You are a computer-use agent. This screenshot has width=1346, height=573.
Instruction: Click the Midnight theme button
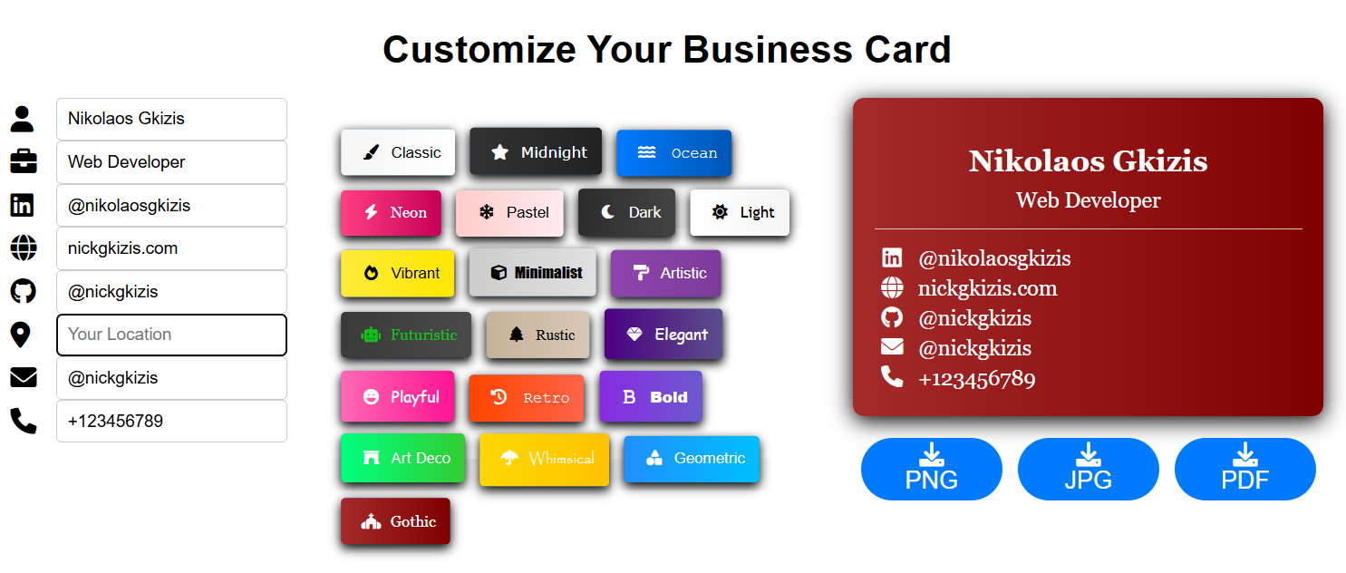coord(536,152)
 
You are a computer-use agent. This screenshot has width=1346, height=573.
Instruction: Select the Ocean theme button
coord(673,152)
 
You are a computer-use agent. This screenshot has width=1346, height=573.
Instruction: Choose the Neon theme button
coord(391,212)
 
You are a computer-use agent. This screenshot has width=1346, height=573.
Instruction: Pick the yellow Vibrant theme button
coord(397,273)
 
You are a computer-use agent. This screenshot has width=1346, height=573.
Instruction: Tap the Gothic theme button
coord(395,520)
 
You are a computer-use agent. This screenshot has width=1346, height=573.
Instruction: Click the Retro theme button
coord(527,397)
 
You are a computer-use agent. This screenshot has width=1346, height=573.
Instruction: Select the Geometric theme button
coord(692,459)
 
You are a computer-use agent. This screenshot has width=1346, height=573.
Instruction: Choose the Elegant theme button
coord(663,334)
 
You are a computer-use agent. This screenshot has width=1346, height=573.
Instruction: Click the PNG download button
coord(932,469)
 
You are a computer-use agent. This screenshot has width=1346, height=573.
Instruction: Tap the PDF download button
coord(1245,469)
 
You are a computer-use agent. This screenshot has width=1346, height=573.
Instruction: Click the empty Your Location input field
coord(172,335)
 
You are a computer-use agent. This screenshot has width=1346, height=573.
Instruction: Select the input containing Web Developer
coord(172,162)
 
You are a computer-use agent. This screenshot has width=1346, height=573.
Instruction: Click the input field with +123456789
coord(172,421)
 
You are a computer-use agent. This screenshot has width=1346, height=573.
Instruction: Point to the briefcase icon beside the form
coord(24,161)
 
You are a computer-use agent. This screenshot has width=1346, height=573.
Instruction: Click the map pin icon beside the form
coord(21,335)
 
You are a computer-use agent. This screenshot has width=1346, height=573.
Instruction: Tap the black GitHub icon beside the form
coord(24,292)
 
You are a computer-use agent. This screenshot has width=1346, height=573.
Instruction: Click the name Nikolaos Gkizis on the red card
coord(1089,161)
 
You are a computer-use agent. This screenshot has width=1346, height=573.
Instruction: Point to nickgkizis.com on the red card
coord(987,288)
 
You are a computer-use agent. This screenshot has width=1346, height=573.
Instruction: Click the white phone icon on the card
coord(892,377)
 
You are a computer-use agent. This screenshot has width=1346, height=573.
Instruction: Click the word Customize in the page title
coord(479,49)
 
